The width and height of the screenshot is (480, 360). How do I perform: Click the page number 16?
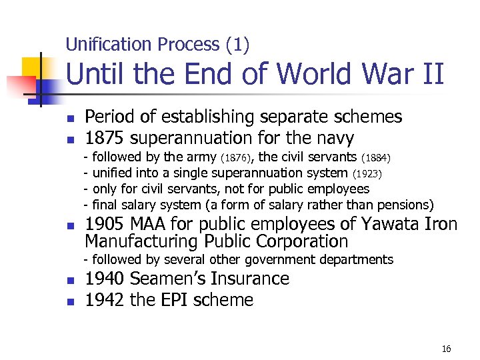(x=446, y=349)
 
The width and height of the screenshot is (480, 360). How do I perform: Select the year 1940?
(x=105, y=279)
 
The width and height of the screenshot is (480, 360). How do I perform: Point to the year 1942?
(x=105, y=300)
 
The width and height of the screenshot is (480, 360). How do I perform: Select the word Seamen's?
(x=171, y=279)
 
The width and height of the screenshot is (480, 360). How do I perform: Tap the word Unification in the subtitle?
(x=110, y=45)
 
